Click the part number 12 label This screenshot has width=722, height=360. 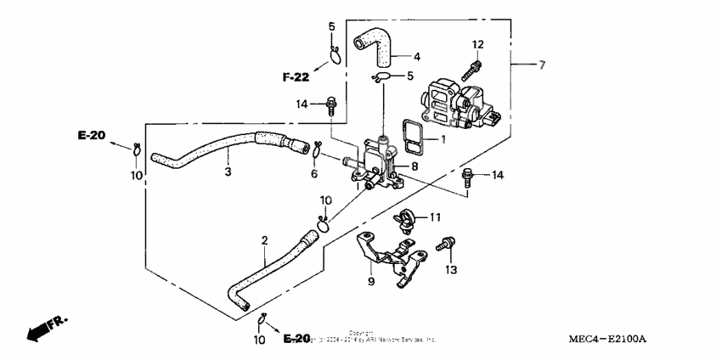[x=477, y=44]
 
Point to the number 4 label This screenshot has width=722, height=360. [x=417, y=57]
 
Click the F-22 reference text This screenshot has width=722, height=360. [x=296, y=77]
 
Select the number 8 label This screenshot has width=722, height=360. [x=415, y=167]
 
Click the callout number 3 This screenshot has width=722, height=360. [x=228, y=172]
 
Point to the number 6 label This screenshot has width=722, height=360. [x=314, y=174]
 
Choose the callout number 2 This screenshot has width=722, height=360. [x=265, y=241]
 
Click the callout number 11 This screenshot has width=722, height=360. [x=435, y=217]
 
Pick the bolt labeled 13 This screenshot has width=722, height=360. [x=443, y=245]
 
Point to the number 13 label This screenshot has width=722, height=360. [x=450, y=270]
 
